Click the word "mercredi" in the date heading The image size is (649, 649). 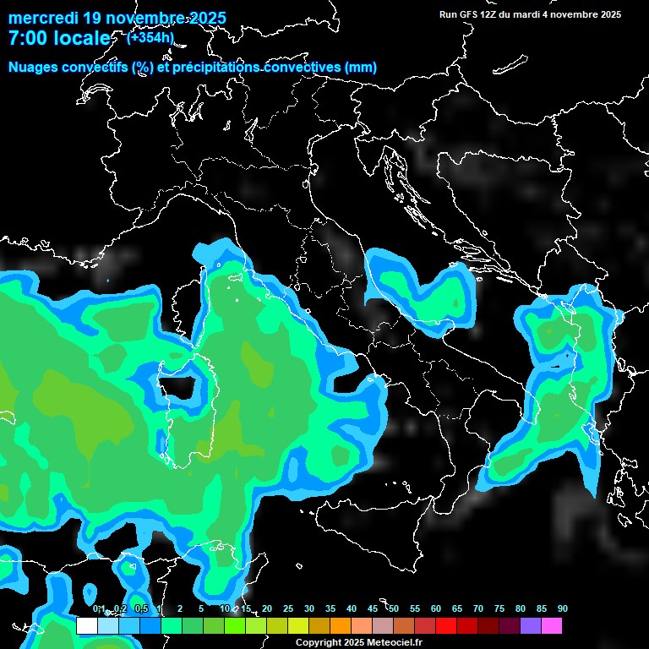point(42,18)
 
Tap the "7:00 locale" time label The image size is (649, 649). point(59,39)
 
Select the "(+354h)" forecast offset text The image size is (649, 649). point(150,37)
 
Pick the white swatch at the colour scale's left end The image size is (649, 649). point(86,625)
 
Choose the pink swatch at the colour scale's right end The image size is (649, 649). point(552,625)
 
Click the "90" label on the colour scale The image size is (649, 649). point(562,609)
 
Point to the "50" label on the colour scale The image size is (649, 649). point(394,609)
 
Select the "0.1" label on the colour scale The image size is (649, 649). point(98,609)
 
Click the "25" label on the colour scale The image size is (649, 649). point(288,609)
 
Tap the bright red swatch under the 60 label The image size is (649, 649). point(446,625)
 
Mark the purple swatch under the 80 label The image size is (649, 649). point(531,625)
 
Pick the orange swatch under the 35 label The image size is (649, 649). point(341,625)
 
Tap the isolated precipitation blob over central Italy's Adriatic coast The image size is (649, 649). point(423,292)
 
